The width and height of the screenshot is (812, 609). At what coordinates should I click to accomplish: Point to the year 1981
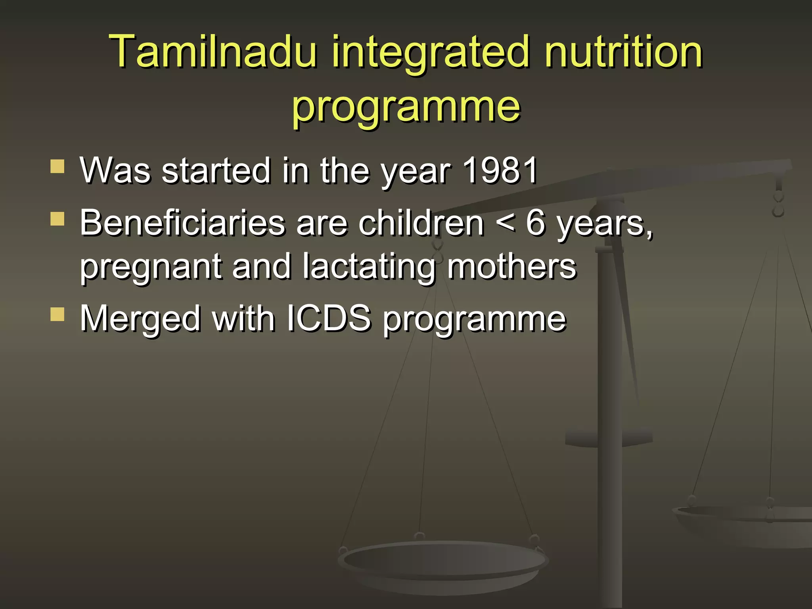coord(500,170)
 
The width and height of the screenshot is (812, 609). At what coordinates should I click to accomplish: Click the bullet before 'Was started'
coord(57,167)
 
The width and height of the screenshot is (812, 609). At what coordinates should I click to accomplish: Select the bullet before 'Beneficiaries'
coord(57,219)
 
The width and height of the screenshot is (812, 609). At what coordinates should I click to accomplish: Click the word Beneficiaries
coord(182,223)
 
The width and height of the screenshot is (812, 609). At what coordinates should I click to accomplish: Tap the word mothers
coord(511,266)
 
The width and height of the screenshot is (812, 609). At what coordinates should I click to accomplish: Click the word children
coord(421,223)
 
